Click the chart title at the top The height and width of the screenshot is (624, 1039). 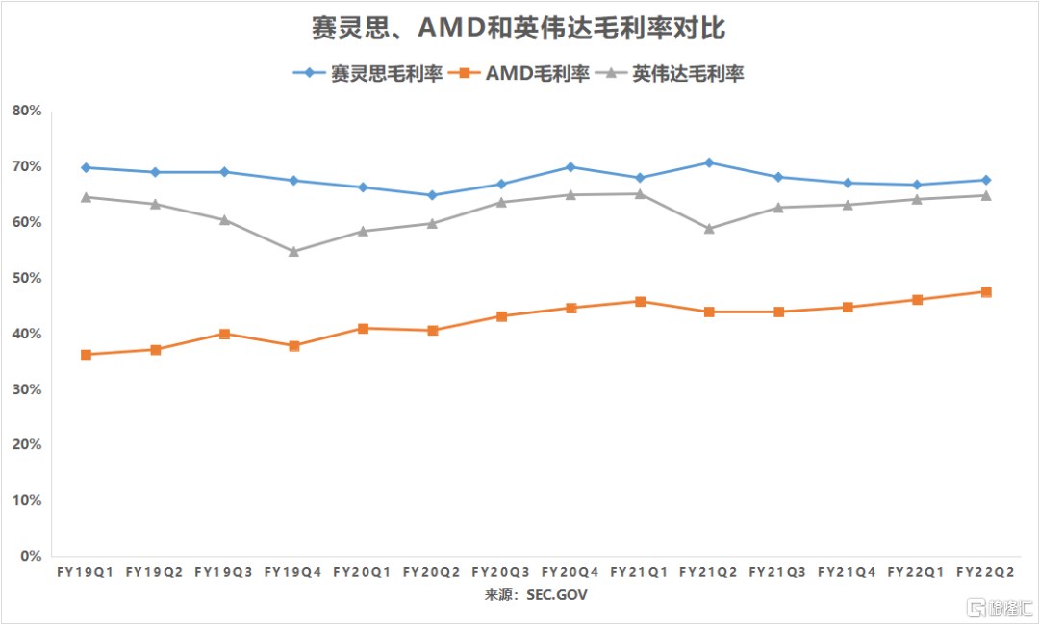(x=519, y=30)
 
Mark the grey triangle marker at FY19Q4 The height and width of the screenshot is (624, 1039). (x=293, y=251)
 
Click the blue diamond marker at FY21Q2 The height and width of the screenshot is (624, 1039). (x=709, y=162)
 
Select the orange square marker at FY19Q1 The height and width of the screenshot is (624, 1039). (x=87, y=355)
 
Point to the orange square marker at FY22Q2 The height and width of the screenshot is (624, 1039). (x=986, y=291)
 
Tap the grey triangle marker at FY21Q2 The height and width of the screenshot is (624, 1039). (x=709, y=228)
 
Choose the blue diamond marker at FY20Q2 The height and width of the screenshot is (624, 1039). (x=432, y=195)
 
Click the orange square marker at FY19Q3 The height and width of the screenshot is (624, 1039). (x=224, y=334)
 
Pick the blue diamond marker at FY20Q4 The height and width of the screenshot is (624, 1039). (x=570, y=167)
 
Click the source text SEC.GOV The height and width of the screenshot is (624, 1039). (x=556, y=595)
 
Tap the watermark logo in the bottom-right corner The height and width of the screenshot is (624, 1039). (x=996, y=608)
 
